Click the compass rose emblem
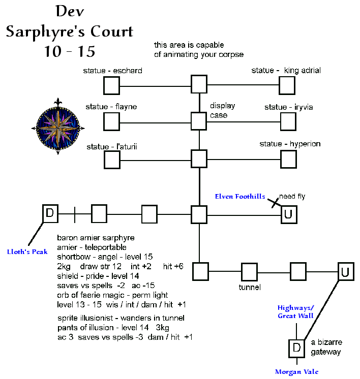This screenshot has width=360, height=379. coord(61,126)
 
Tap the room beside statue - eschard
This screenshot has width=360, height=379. coord(112,85)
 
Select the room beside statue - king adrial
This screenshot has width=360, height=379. coord(288,85)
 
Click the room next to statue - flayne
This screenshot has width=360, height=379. coord(112,122)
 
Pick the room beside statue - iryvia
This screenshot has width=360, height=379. coord(288,122)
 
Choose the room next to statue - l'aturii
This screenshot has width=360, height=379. coord(112,160)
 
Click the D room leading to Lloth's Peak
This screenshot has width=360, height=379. coord(50,214)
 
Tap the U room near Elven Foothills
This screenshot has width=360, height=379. coord(288,214)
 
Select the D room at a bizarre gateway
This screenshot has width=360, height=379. coord(296,348)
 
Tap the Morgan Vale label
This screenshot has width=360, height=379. coord(296,372)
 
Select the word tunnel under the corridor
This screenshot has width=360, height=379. coord(250,288)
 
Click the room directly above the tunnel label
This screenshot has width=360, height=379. coord(249,272)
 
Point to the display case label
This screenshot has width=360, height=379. coord(223,111)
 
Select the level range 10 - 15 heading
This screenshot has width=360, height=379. coord(70,51)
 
